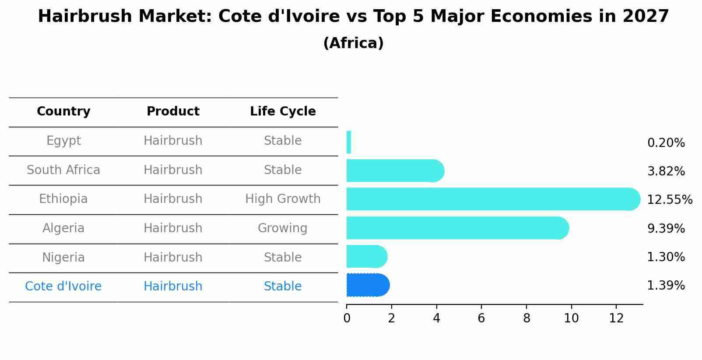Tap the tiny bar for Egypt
pos(349,142)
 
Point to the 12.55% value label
pos(669,200)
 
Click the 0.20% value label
pos(666,143)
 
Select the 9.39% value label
pos(666,228)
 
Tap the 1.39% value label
pos(666,286)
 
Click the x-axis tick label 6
pos(481,318)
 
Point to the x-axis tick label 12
pos(616,318)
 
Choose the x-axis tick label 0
pos(347,318)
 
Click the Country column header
pos(63,112)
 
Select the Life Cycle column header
pos(283,112)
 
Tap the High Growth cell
pos(283,199)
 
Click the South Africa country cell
pos(63,170)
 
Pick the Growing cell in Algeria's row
pos(283,228)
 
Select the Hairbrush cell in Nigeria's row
pos(173,257)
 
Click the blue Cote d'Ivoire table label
pos(63,287)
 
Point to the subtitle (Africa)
pos(353,43)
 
